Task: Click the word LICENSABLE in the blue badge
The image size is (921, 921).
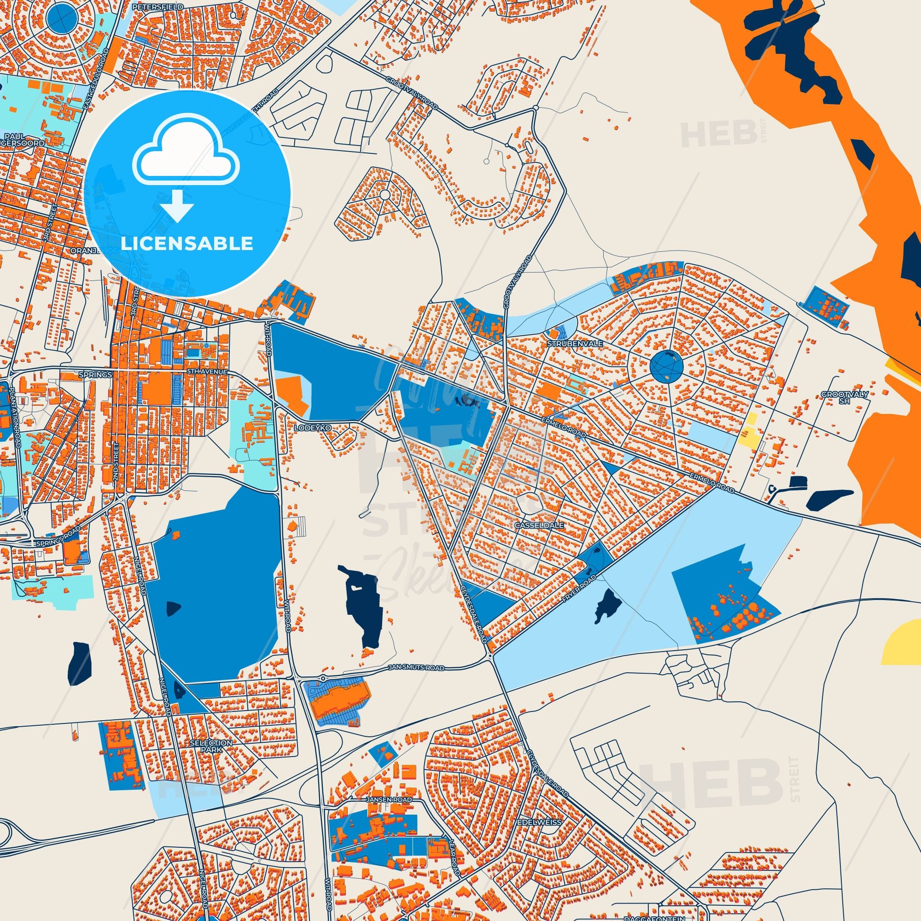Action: (187, 244)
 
